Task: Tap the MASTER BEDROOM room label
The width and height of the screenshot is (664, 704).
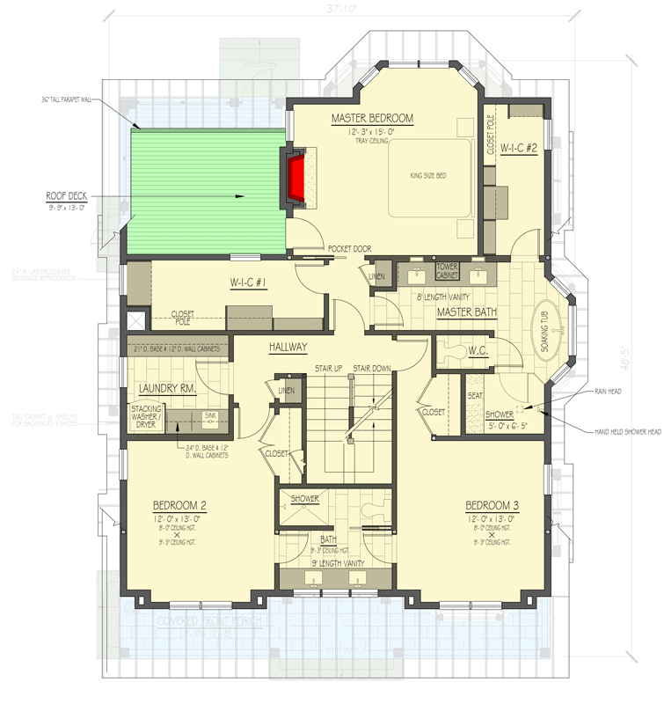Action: point(372,118)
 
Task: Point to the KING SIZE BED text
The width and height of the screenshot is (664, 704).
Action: point(428,176)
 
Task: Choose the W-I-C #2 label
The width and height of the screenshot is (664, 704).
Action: point(519,149)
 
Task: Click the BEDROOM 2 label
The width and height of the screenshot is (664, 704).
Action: point(179,505)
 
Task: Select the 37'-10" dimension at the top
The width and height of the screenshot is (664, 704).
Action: point(332,9)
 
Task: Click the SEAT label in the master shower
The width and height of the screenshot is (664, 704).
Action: point(476,395)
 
